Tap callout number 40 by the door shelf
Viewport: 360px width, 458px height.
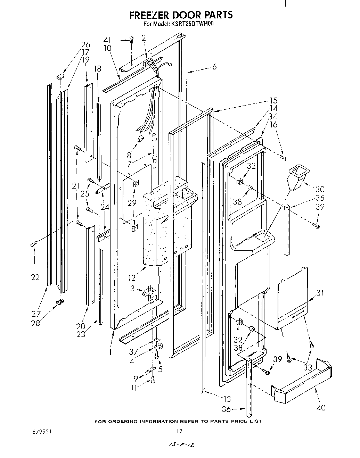[321, 407]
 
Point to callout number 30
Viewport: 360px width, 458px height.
[320, 189]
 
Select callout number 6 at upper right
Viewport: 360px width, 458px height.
[214, 67]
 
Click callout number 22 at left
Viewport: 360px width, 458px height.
[35, 277]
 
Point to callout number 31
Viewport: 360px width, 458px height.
[320, 293]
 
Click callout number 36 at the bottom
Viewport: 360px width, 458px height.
[226, 409]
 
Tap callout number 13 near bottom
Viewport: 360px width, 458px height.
[226, 399]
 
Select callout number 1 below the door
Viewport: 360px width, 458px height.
[110, 352]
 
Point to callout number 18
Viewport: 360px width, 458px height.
[98, 69]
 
